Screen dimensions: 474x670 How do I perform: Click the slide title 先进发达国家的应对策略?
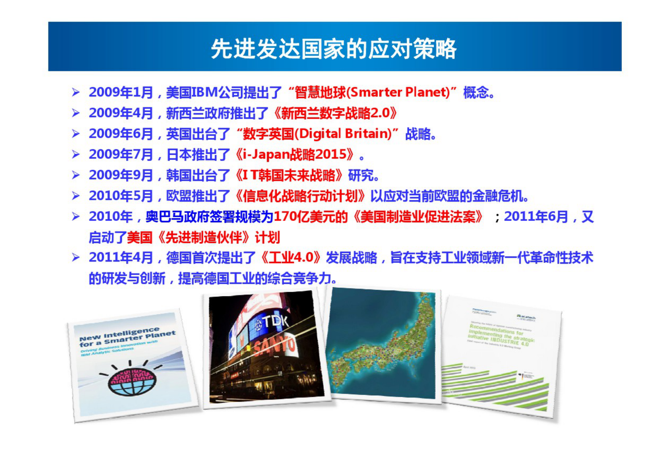[334, 49]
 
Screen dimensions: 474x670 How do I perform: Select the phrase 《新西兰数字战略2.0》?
[335, 113]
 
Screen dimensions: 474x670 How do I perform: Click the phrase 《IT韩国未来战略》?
[289, 175]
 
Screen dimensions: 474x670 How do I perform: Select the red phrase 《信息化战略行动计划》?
[299, 196]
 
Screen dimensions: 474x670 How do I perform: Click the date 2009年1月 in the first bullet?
[121, 92]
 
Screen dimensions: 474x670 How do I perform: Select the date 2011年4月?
[121, 258]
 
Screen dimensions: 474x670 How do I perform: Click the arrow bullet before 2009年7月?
[76, 155]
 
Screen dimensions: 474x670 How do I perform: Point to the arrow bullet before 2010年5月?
[76, 196]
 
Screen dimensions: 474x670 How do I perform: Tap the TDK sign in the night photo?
[274, 323]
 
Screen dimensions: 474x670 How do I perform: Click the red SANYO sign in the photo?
[274, 346]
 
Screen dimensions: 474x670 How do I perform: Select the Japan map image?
[382, 344]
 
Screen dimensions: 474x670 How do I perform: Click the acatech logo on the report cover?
[526, 317]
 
